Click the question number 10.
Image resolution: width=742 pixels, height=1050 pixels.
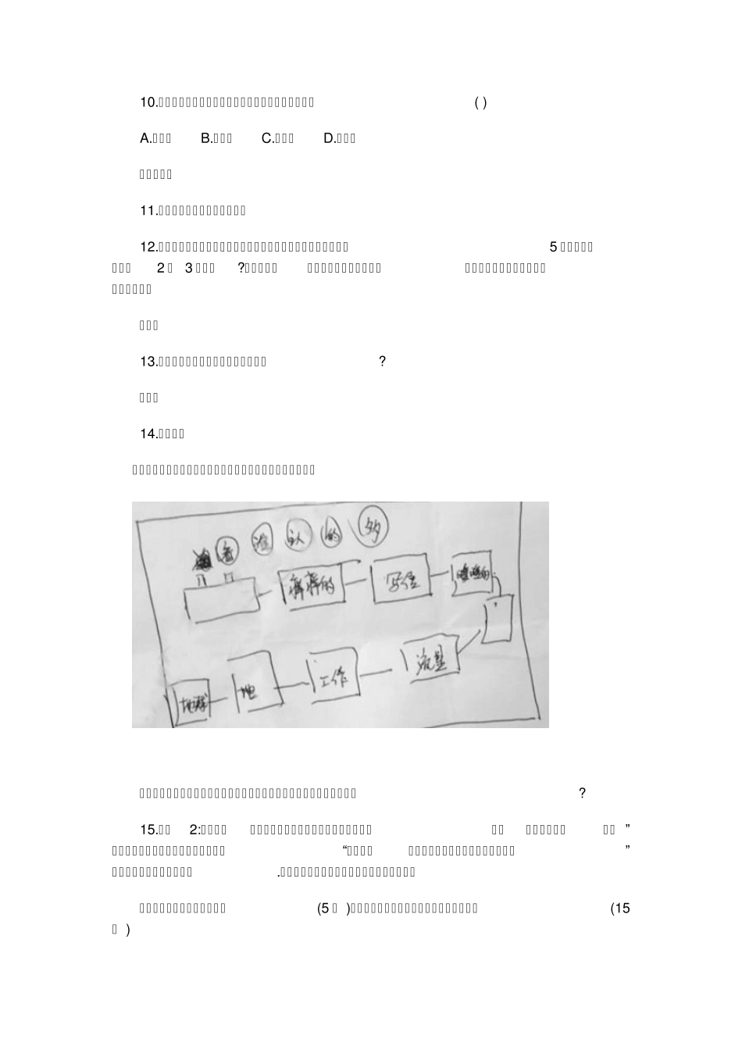tap(148, 102)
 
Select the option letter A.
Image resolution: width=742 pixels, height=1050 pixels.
tap(144, 139)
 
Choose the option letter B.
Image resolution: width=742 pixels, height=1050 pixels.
tap(206, 139)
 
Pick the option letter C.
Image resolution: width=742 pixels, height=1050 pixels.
tap(267, 139)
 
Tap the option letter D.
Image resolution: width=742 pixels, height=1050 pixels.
tap(329, 139)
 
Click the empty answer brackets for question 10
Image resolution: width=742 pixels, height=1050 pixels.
tap(480, 102)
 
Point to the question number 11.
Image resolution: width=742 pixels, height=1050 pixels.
tap(148, 211)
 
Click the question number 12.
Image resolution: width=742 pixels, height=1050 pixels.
tap(148, 248)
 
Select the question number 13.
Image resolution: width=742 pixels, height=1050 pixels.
tap(148, 362)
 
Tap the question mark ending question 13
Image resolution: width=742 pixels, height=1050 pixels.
tap(382, 362)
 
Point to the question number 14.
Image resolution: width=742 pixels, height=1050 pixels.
tap(148, 434)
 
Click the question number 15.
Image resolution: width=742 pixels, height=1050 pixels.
tap(148, 830)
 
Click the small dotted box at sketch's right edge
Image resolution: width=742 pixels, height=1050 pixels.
tap(497, 619)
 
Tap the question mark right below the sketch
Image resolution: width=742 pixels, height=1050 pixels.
tap(582, 794)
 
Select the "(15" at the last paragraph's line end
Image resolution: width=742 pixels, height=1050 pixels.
tap(619, 909)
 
